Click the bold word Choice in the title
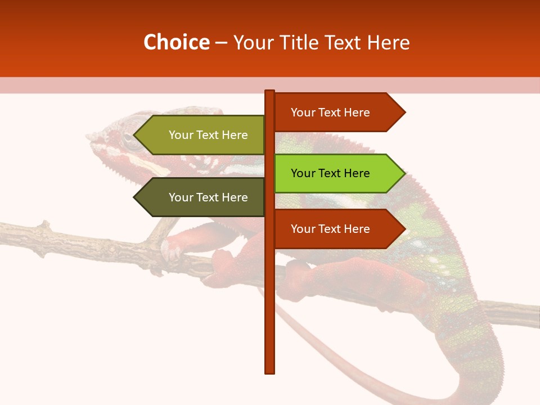(x=176, y=43)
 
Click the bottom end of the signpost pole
(x=270, y=371)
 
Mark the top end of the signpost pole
(x=270, y=92)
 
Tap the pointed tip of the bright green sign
(x=404, y=173)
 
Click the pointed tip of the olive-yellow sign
(x=135, y=135)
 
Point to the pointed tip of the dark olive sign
(x=135, y=197)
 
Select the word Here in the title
(x=389, y=43)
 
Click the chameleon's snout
(x=90, y=137)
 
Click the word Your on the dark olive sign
(x=181, y=197)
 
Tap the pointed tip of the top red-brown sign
(x=404, y=112)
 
